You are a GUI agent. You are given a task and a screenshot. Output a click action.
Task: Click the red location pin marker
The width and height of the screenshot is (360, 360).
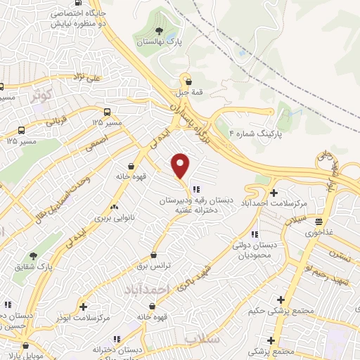coord(181,165)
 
